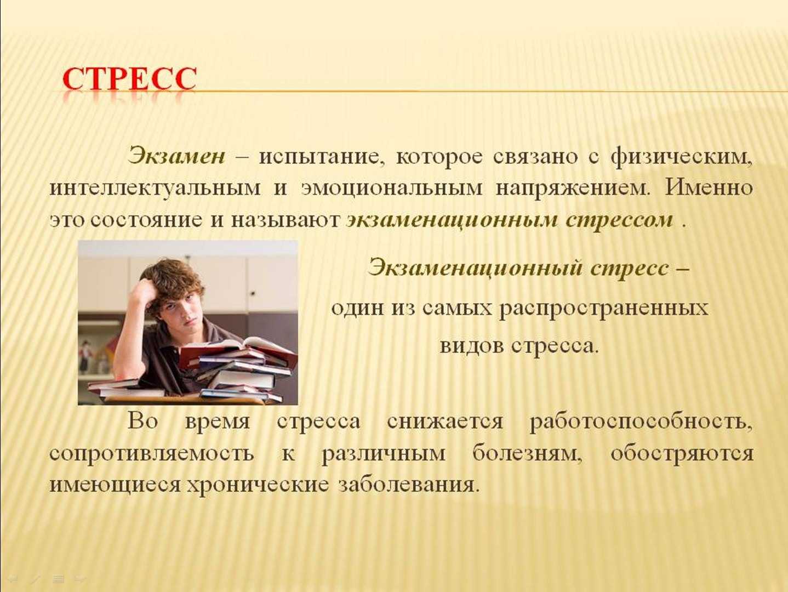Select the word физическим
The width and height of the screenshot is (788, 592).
pyautogui.click(x=682, y=157)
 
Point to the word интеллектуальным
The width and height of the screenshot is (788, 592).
pyautogui.click(x=155, y=189)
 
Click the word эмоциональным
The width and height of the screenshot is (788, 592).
pyautogui.click(x=392, y=189)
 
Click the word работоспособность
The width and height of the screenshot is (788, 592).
pyautogui.click(x=641, y=421)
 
